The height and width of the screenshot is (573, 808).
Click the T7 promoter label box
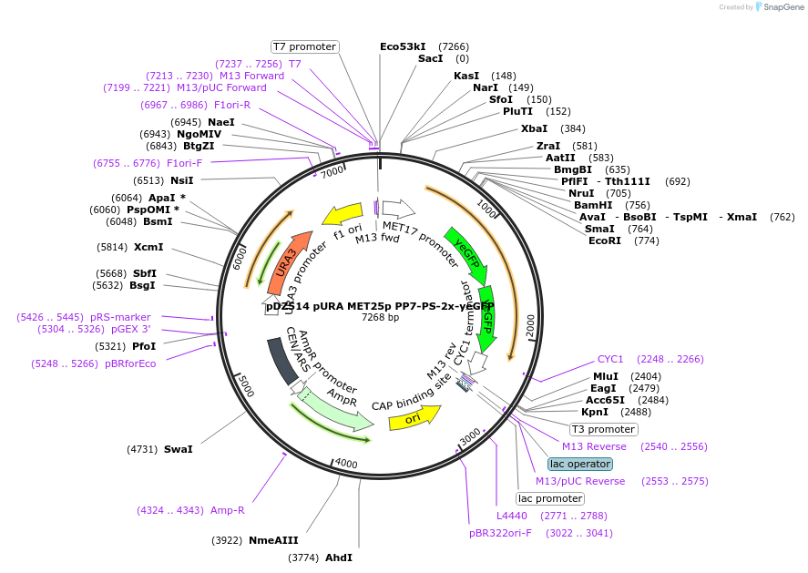[x=305, y=46]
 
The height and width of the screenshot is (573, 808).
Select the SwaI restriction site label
[x=179, y=449]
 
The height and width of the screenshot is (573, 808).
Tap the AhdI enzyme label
[x=339, y=558]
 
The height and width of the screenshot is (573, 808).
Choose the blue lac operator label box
[x=581, y=464]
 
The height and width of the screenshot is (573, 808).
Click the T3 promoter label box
[x=604, y=429]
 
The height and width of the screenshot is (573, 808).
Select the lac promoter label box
[x=550, y=498]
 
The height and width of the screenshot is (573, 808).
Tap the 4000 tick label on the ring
[x=345, y=463]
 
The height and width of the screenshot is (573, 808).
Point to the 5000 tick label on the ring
[x=244, y=384]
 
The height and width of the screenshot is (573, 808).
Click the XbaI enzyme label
[x=534, y=128]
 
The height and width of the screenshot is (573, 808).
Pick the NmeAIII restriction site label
[x=273, y=540]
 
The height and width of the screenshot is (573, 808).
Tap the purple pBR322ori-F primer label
[x=500, y=533]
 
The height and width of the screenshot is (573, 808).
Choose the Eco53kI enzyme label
[x=403, y=46]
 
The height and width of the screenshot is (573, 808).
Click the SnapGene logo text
[x=782, y=7]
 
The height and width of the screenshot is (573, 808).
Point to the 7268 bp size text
[x=380, y=318]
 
